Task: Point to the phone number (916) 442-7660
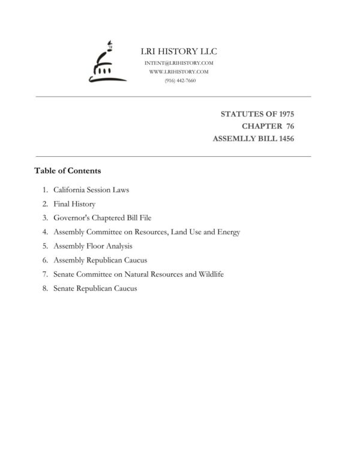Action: pyautogui.click(x=179, y=80)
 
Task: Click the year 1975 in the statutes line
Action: pyautogui.click(x=283, y=113)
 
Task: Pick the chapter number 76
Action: pyautogui.click(x=289, y=126)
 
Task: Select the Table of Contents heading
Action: pyautogui.click(x=67, y=171)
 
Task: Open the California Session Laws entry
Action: pyautogui.click(x=91, y=190)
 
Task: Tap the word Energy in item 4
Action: pyautogui.click(x=229, y=232)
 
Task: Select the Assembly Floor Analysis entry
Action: pyautogui.click(x=92, y=246)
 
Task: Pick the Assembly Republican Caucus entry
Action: pyautogui.click(x=100, y=260)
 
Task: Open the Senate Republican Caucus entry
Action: pyautogui.click(x=95, y=288)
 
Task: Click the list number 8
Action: pyautogui.click(x=45, y=288)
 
